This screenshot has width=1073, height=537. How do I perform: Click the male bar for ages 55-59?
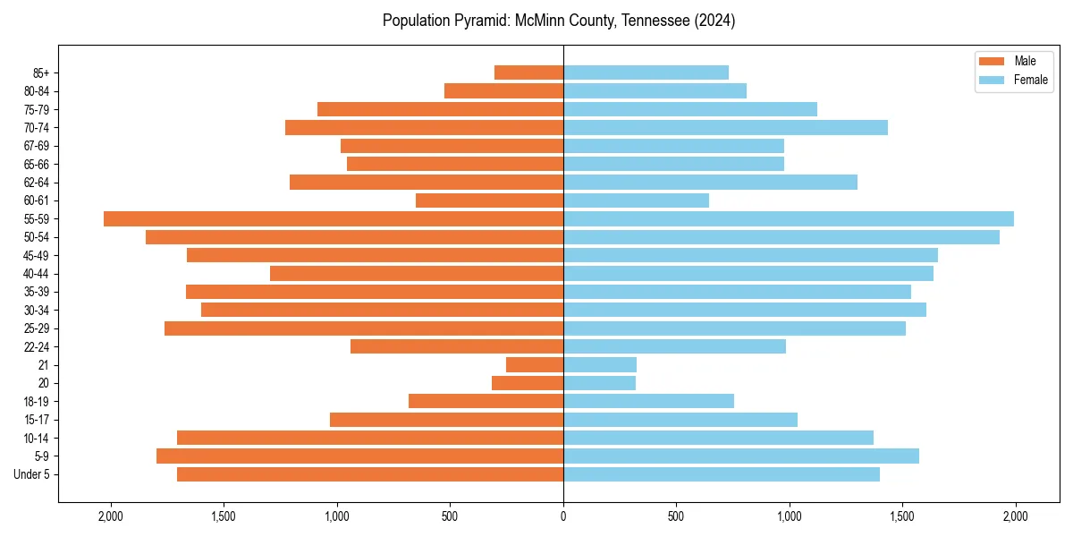tap(334, 219)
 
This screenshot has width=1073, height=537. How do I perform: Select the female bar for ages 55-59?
tap(789, 219)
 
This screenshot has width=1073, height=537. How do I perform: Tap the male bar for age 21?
tap(535, 365)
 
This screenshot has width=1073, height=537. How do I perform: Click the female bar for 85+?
tap(646, 72)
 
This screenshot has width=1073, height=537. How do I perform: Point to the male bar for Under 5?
tap(370, 474)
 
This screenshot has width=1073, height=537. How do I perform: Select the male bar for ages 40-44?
tap(417, 274)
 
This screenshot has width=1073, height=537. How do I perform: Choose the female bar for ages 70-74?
tap(725, 128)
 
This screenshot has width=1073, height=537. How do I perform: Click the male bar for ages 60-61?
tap(489, 200)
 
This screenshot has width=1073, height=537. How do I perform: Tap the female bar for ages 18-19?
tap(648, 401)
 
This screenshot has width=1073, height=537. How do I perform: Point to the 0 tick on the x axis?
tap(563, 516)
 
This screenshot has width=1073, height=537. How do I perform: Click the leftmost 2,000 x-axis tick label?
tap(111, 516)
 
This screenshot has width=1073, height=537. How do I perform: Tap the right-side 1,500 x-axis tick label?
tap(902, 516)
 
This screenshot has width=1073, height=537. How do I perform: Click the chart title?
tap(559, 21)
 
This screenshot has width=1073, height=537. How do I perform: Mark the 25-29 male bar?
tap(364, 328)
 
